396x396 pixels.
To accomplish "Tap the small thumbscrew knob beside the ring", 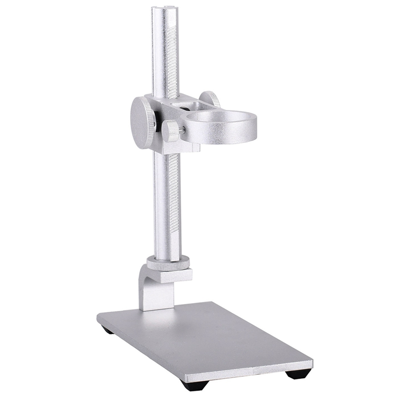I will [171, 131].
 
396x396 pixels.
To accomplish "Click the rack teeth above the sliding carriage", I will [172, 59].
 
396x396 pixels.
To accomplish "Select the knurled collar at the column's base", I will [168, 264].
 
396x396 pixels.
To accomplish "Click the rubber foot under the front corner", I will [191, 385].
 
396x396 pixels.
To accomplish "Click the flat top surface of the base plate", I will [208, 337].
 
